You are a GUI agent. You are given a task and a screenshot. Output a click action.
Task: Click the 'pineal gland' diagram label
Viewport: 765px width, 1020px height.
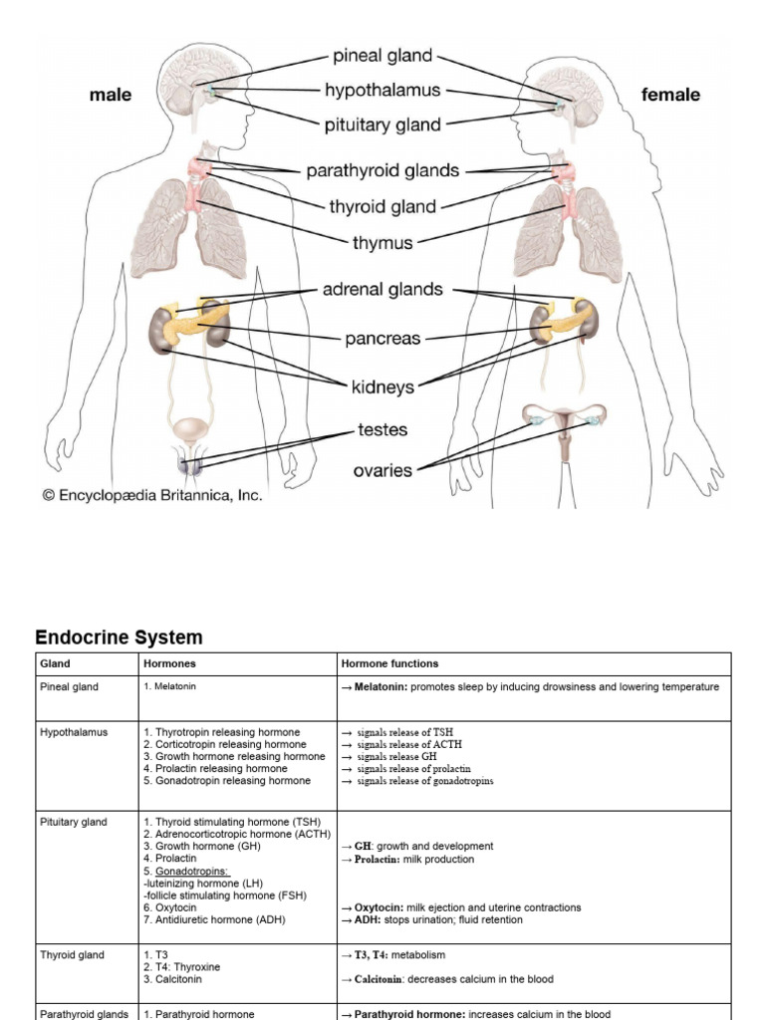pos(383,56)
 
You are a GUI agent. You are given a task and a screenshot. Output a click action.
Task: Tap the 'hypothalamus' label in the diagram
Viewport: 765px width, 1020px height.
pos(382,91)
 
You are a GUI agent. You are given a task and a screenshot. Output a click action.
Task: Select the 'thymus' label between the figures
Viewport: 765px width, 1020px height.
pos(382,242)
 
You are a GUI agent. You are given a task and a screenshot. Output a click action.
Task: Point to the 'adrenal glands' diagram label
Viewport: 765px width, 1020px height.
pos(382,290)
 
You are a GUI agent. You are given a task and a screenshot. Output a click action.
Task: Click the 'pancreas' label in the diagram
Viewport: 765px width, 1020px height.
pos(382,339)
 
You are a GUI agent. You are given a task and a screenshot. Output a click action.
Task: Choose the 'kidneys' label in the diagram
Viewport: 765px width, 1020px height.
pos(382,385)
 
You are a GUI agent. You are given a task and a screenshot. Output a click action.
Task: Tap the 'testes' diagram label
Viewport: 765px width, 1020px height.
pos(382,430)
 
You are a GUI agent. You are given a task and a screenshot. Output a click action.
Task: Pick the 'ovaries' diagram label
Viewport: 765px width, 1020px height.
pos(382,470)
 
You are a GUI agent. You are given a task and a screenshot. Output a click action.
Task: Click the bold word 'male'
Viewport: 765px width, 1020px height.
pos(110,96)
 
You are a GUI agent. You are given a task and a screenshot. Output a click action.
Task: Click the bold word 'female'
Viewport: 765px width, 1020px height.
pos(670,96)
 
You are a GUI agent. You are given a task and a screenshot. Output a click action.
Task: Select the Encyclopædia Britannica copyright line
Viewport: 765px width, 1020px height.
pos(152,495)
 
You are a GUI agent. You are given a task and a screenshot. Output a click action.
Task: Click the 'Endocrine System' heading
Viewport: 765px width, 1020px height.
pos(119,637)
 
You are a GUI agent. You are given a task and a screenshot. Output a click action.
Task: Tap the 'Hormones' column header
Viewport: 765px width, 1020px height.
pos(170,663)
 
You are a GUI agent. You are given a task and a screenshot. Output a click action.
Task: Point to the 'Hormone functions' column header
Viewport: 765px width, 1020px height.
pos(389,663)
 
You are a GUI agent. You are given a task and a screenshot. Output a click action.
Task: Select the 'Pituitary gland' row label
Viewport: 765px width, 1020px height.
pos(73,822)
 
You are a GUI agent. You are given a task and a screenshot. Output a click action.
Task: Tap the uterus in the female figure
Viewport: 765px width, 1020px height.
pos(565,426)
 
